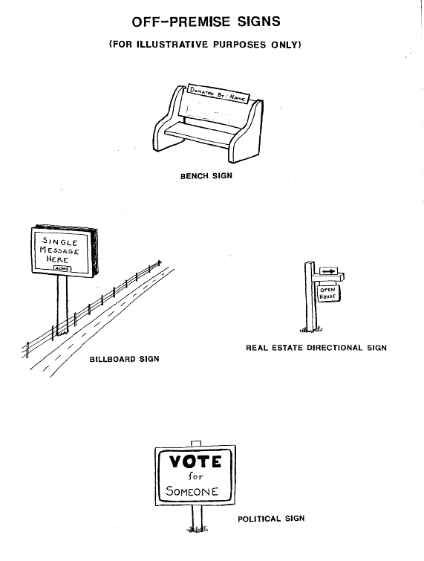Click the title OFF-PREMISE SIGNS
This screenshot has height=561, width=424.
pyautogui.click(x=206, y=22)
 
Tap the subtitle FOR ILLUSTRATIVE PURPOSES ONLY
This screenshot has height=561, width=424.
pyautogui.click(x=205, y=45)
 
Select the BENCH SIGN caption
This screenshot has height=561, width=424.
pyautogui.click(x=206, y=175)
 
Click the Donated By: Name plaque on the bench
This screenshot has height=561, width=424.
pyautogui.click(x=218, y=94)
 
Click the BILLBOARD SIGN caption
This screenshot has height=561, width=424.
pyautogui.click(x=125, y=359)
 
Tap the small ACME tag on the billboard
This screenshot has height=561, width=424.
pyautogui.click(x=62, y=269)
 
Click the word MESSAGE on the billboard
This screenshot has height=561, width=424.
pyautogui.click(x=59, y=250)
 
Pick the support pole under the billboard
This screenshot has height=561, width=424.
pyautogui.click(x=62, y=305)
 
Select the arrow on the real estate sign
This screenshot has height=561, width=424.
pyautogui.click(x=328, y=271)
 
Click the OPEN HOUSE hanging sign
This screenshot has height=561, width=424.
pyautogui.click(x=328, y=293)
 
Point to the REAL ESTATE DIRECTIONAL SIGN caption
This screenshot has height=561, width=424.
pyautogui.click(x=316, y=348)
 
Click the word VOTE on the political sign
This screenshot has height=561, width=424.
pyautogui.click(x=195, y=461)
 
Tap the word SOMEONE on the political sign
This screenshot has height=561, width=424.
pyautogui.click(x=192, y=491)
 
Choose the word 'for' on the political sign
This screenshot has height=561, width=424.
pyautogui.click(x=195, y=476)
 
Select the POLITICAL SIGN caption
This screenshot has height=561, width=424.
pyautogui.click(x=271, y=519)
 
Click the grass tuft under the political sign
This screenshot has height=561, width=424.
pyautogui.click(x=198, y=528)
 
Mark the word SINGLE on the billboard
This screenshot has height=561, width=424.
pyautogui.click(x=60, y=241)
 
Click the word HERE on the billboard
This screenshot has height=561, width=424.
pyautogui.click(x=57, y=259)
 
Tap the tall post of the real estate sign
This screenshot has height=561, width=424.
pyautogui.click(x=310, y=296)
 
